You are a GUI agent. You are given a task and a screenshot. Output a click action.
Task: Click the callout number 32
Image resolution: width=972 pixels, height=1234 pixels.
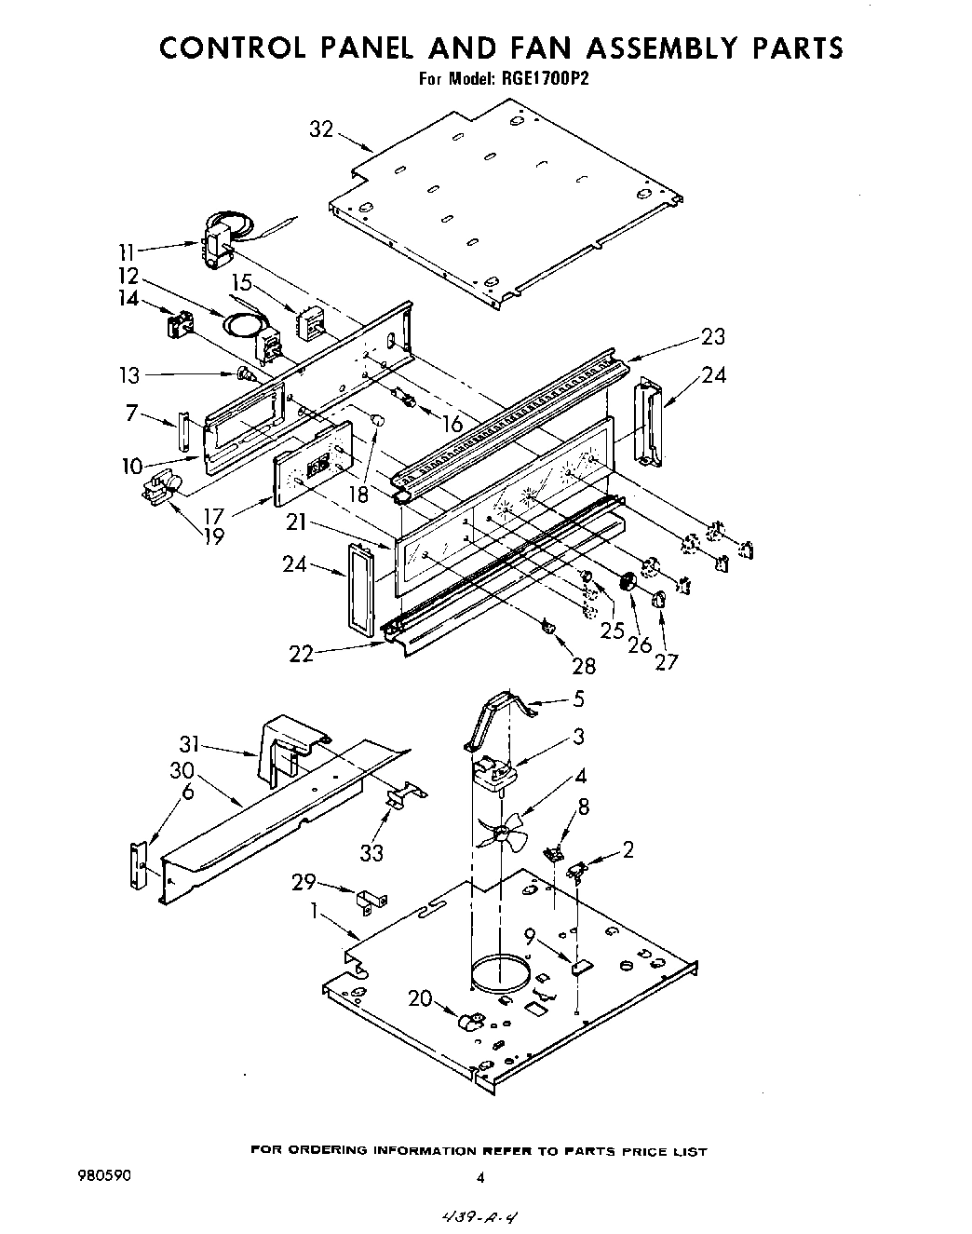click(x=321, y=129)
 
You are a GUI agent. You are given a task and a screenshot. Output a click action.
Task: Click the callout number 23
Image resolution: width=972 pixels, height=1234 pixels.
click(x=712, y=337)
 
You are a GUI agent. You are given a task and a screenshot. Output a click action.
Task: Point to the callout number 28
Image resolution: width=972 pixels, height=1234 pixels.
click(x=585, y=666)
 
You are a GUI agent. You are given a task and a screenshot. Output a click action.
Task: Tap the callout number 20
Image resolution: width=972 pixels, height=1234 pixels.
click(x=420, y=999)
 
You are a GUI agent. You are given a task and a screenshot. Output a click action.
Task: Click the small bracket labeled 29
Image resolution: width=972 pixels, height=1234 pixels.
click(x=371, y=899)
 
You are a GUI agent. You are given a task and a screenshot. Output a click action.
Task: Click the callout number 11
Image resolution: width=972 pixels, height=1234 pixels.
click(x=127, y=251)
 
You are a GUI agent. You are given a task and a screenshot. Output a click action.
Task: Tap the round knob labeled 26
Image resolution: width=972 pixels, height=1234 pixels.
click(x=627, y=582)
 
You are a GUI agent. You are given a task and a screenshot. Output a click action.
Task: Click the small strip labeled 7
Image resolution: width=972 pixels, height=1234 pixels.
click(x=183, y=433)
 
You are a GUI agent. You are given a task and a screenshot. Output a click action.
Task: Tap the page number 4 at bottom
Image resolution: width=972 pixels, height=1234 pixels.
click(x=480, y=1177)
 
